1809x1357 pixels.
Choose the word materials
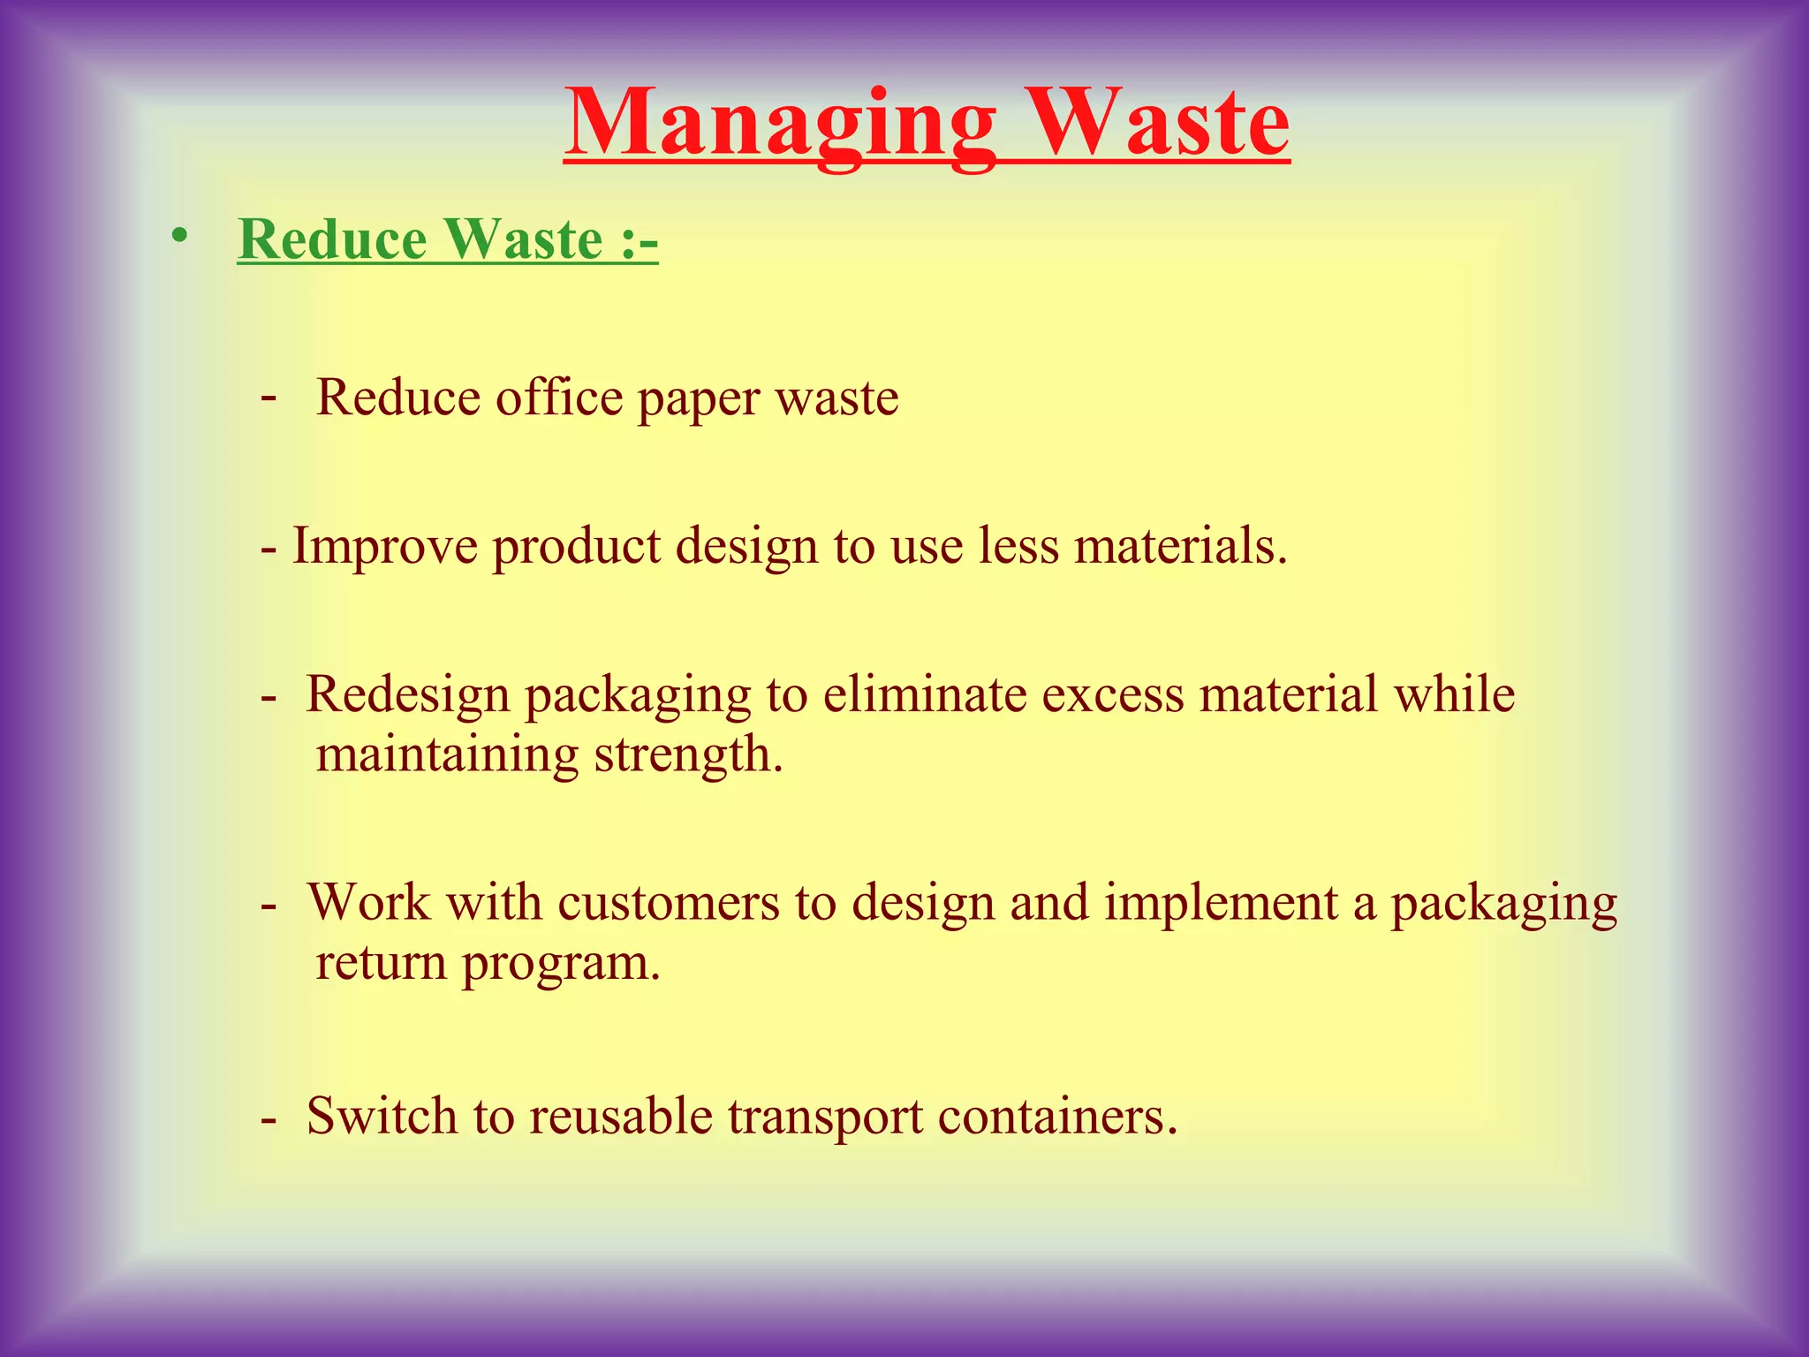coord(1180,545)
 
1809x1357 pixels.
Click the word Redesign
coord(408,694)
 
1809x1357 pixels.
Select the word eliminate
coord(924,694)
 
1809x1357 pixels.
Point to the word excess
coord(1112,694)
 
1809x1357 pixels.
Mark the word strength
coord(688,755)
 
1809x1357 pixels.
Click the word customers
coord(668,903)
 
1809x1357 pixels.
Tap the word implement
coord(1221,903)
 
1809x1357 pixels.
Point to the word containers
coord(1057,1115)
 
